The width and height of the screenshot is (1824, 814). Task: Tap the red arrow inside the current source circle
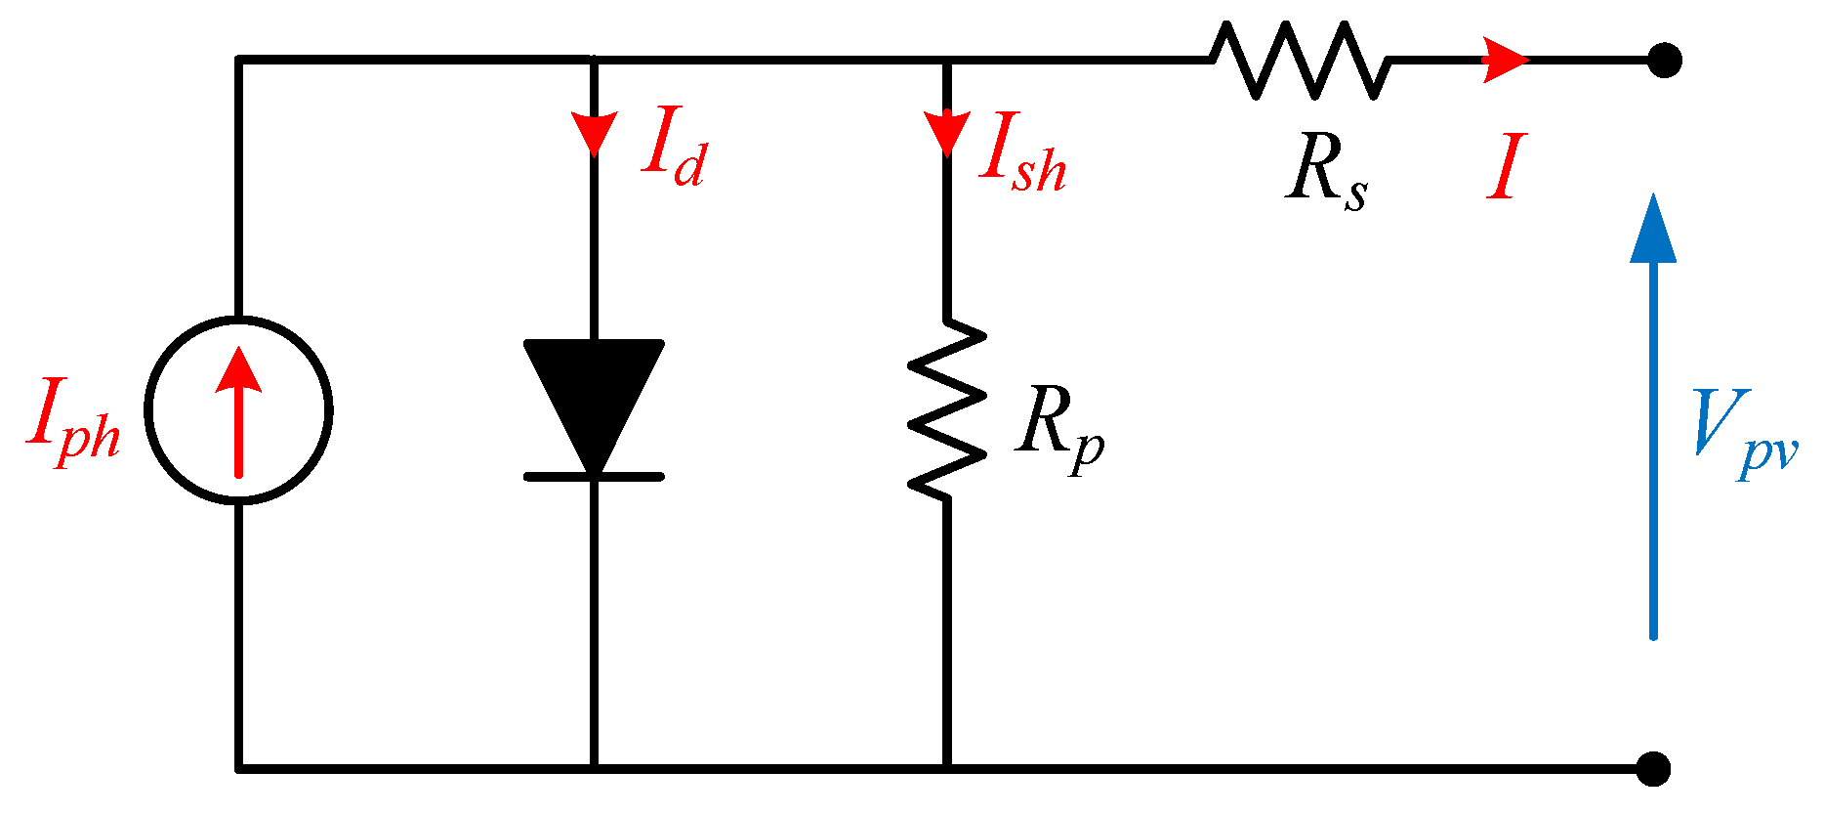(238, 410)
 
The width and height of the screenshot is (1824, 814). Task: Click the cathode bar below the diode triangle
(594, 477)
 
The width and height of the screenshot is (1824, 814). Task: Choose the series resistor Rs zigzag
(1299, 61)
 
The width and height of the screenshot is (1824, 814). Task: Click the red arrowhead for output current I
(1504, 61)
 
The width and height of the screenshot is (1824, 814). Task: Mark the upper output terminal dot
(1664, 61)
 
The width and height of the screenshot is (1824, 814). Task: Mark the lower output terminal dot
(1653, 769)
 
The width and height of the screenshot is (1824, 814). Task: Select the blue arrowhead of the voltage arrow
(1653, 230)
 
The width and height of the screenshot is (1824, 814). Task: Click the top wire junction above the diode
(594, 61)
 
